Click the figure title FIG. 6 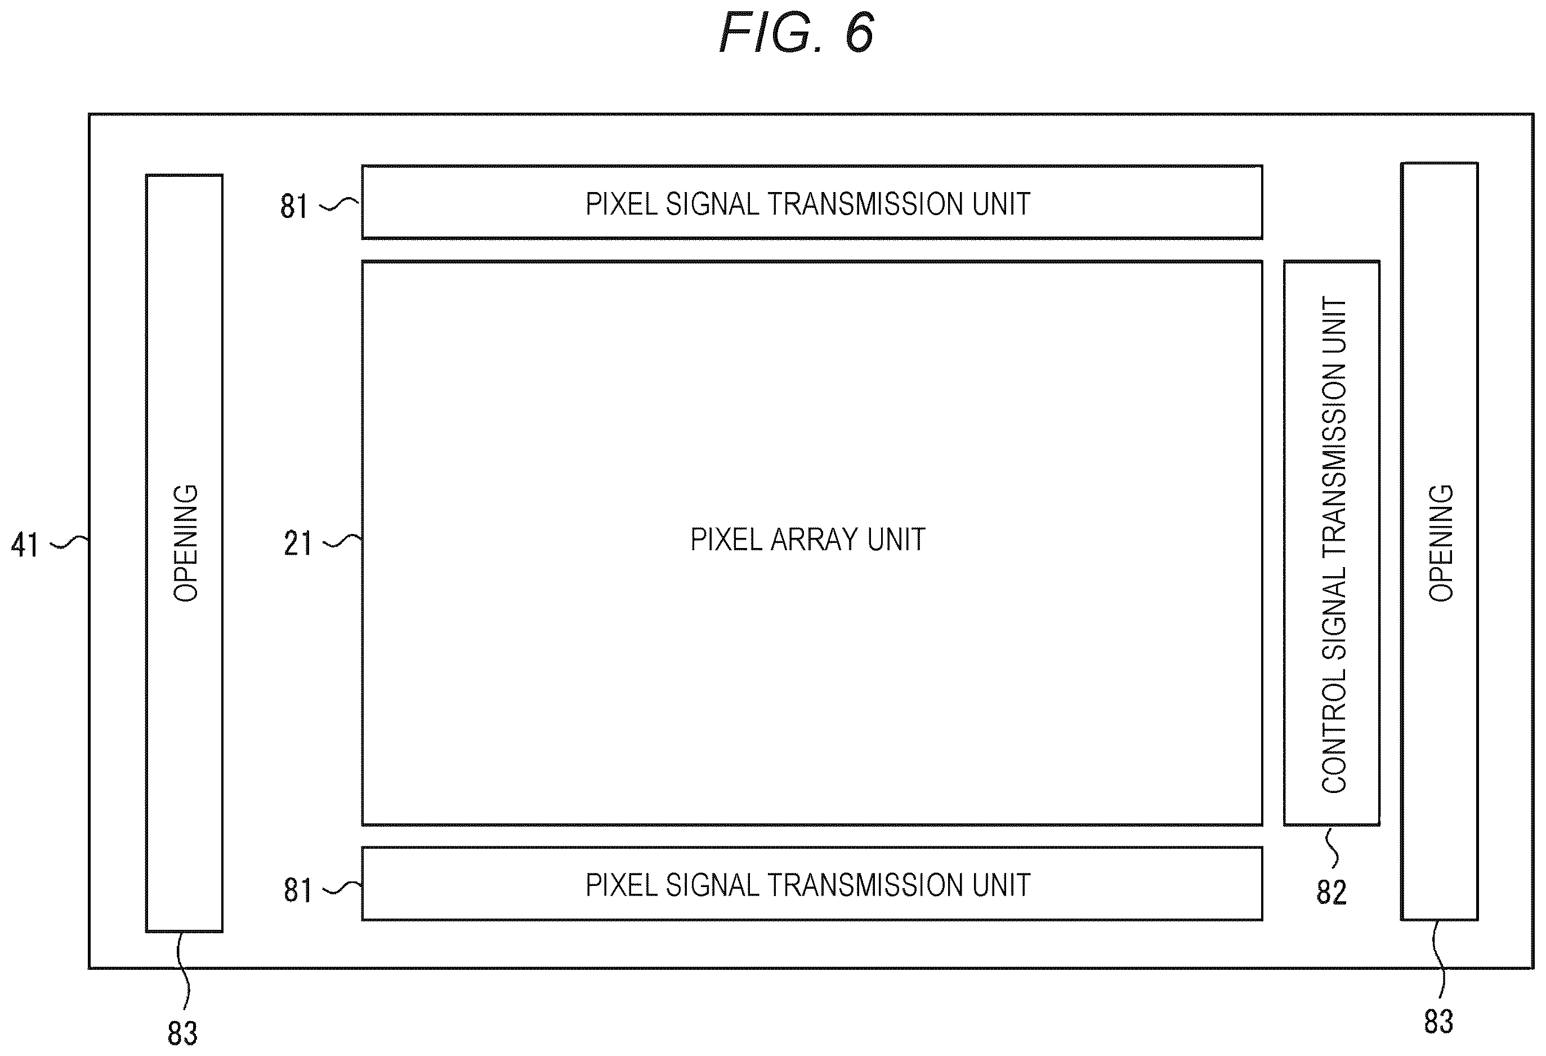[796, 33]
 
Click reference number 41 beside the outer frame [25, 545]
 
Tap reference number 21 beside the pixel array [297, 543]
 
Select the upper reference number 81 [294, 206]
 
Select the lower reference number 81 [297, 890]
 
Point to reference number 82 [1331, 892]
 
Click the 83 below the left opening [182, 1033]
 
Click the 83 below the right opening [1438, 1022]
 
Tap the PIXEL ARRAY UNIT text [807, 540]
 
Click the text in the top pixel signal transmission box [807, 204]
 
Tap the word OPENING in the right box [1441, 543]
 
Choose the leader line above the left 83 [183, 971]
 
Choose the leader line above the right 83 [1439, 959]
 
